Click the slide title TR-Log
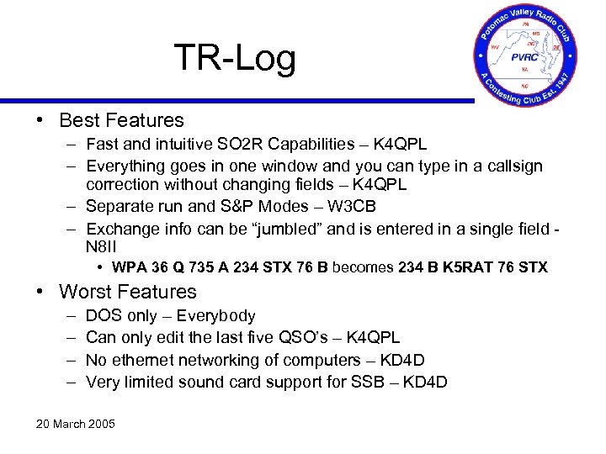click(x=235, y=58)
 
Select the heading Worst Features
click(x=127, y=292)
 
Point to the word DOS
click(x=103, y=316)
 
